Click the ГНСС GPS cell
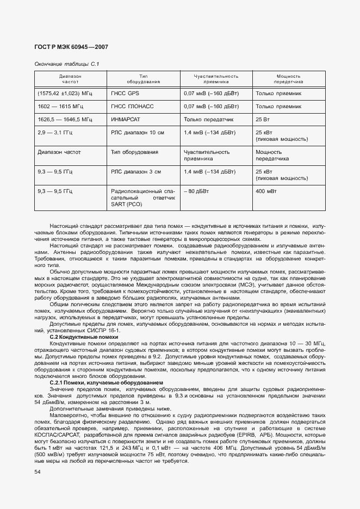(125, 93)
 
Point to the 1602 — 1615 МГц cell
(60, 106)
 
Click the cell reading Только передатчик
(209, 119)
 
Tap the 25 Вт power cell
(263, 119)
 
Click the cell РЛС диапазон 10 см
(138, 132)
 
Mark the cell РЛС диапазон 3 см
(136, 171)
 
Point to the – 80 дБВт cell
(196, 191)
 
